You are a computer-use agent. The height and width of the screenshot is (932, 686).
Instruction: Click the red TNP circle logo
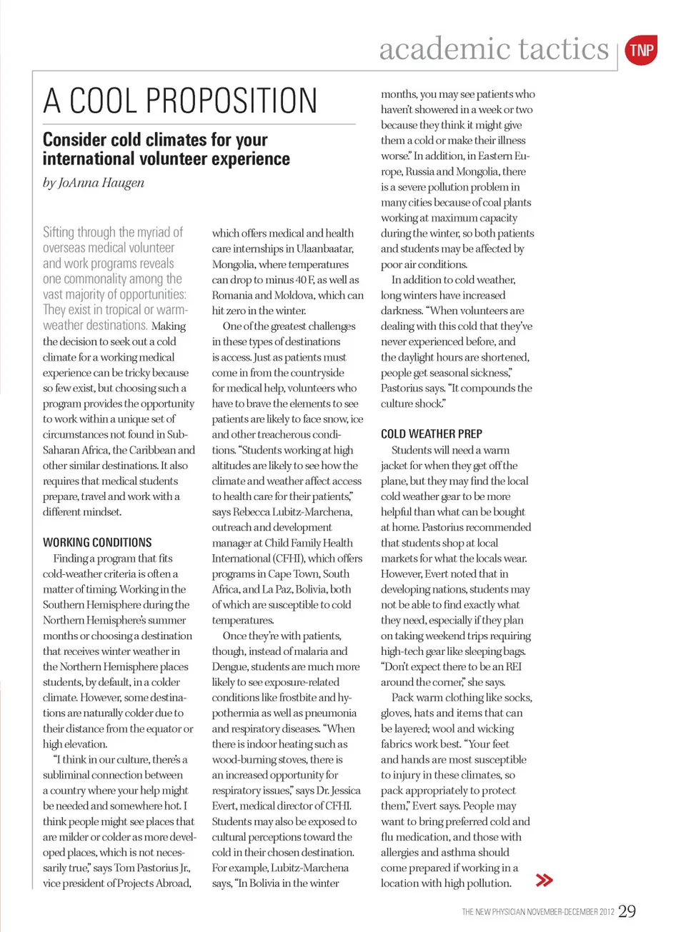coord(641,50)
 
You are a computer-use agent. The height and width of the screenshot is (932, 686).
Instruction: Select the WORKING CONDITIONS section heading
coord(97,543)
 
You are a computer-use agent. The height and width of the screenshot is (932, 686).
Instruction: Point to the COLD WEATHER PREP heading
coord(431,434)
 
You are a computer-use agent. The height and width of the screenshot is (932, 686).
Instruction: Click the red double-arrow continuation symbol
coord(545,880)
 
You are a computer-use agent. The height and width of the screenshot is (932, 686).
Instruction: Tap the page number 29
coord(627,911)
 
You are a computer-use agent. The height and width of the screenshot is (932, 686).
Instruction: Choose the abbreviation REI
coord(513,666)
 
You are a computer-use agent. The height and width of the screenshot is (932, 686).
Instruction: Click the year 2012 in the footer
coord(607,912)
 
